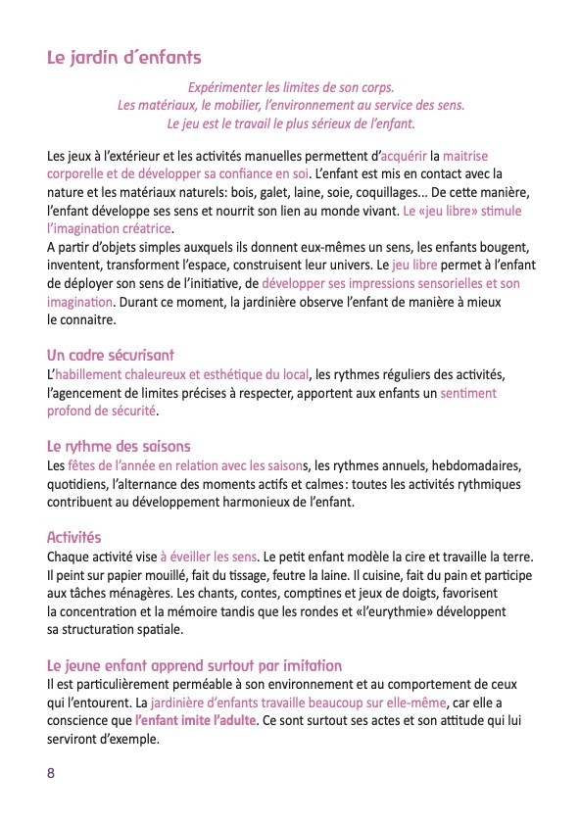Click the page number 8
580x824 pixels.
[x=51, y=772]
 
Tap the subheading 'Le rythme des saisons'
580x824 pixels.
[x=119, y=446]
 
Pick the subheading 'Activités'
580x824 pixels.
[x=73, y=538]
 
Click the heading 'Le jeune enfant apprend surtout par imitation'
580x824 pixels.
[x=194, y=665]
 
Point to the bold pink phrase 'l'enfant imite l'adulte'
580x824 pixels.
[x=195, y=721]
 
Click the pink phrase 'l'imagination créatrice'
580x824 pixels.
[x=103, y=228]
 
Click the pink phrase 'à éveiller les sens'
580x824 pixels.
[x=208, y=557]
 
